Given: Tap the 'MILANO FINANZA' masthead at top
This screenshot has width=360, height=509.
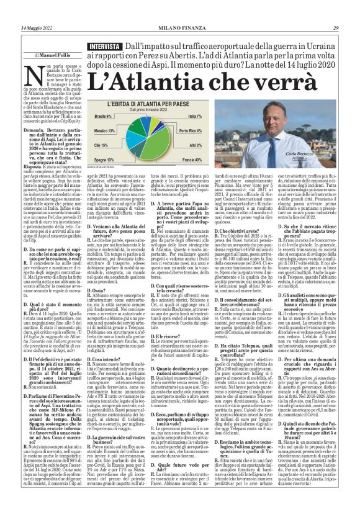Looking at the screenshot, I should tap(179, 9).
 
